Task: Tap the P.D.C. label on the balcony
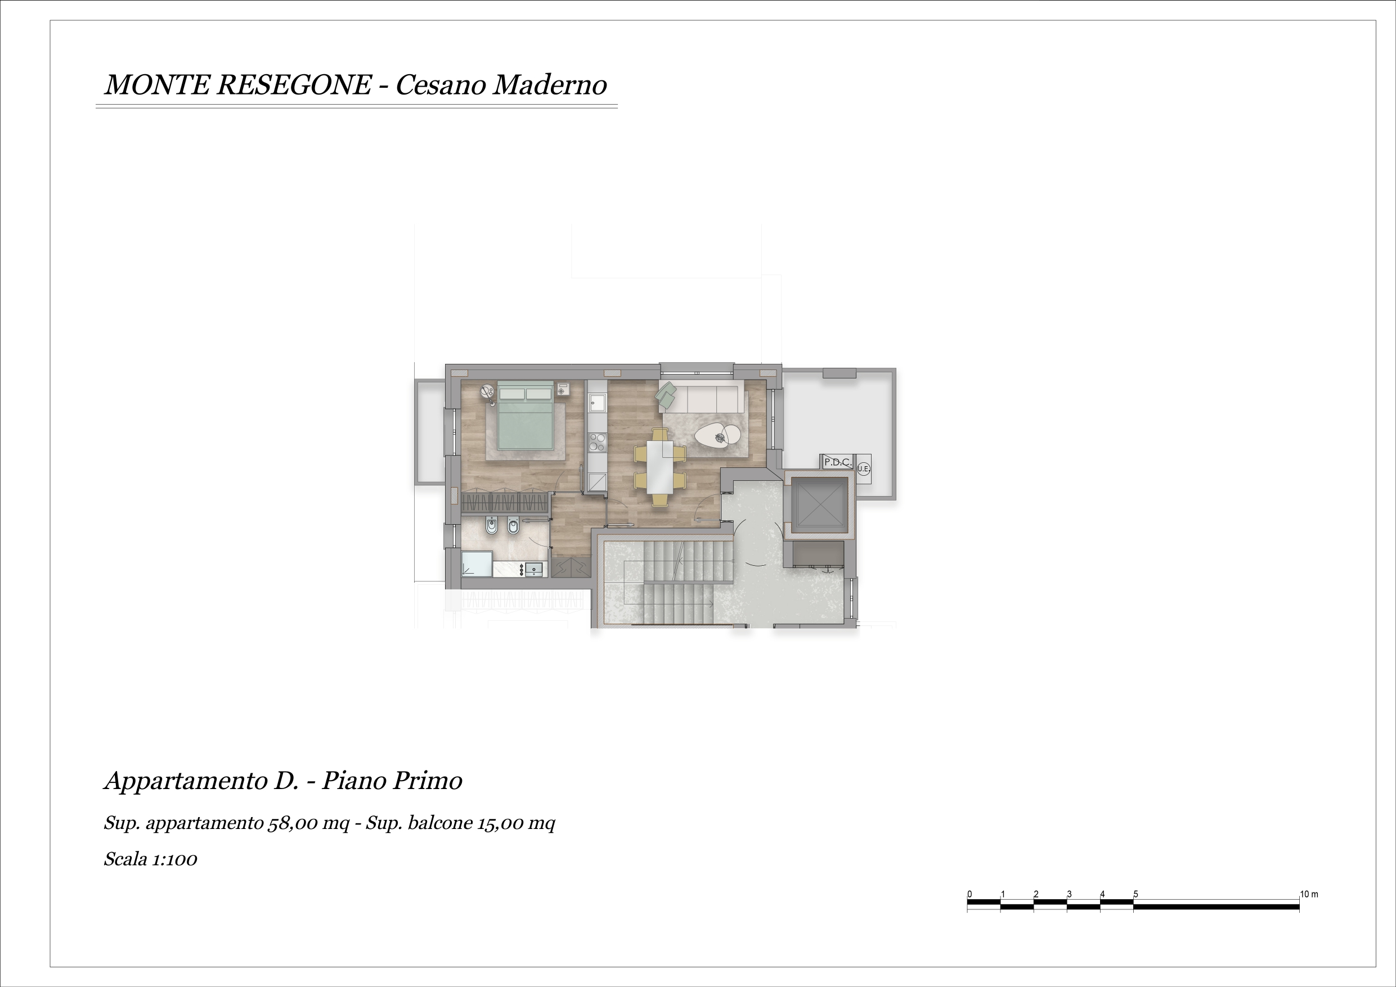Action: click(837, 462)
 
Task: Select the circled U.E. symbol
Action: click(863, 468)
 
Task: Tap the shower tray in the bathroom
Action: click(477, 564)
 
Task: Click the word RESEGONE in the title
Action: click(294, 84)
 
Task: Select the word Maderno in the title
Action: click(549, 84)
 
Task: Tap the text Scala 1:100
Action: click(150, 859)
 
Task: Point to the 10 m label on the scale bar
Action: click(1309, 894)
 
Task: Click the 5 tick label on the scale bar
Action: click(1135, 894)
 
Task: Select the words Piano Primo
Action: click(392, 781)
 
